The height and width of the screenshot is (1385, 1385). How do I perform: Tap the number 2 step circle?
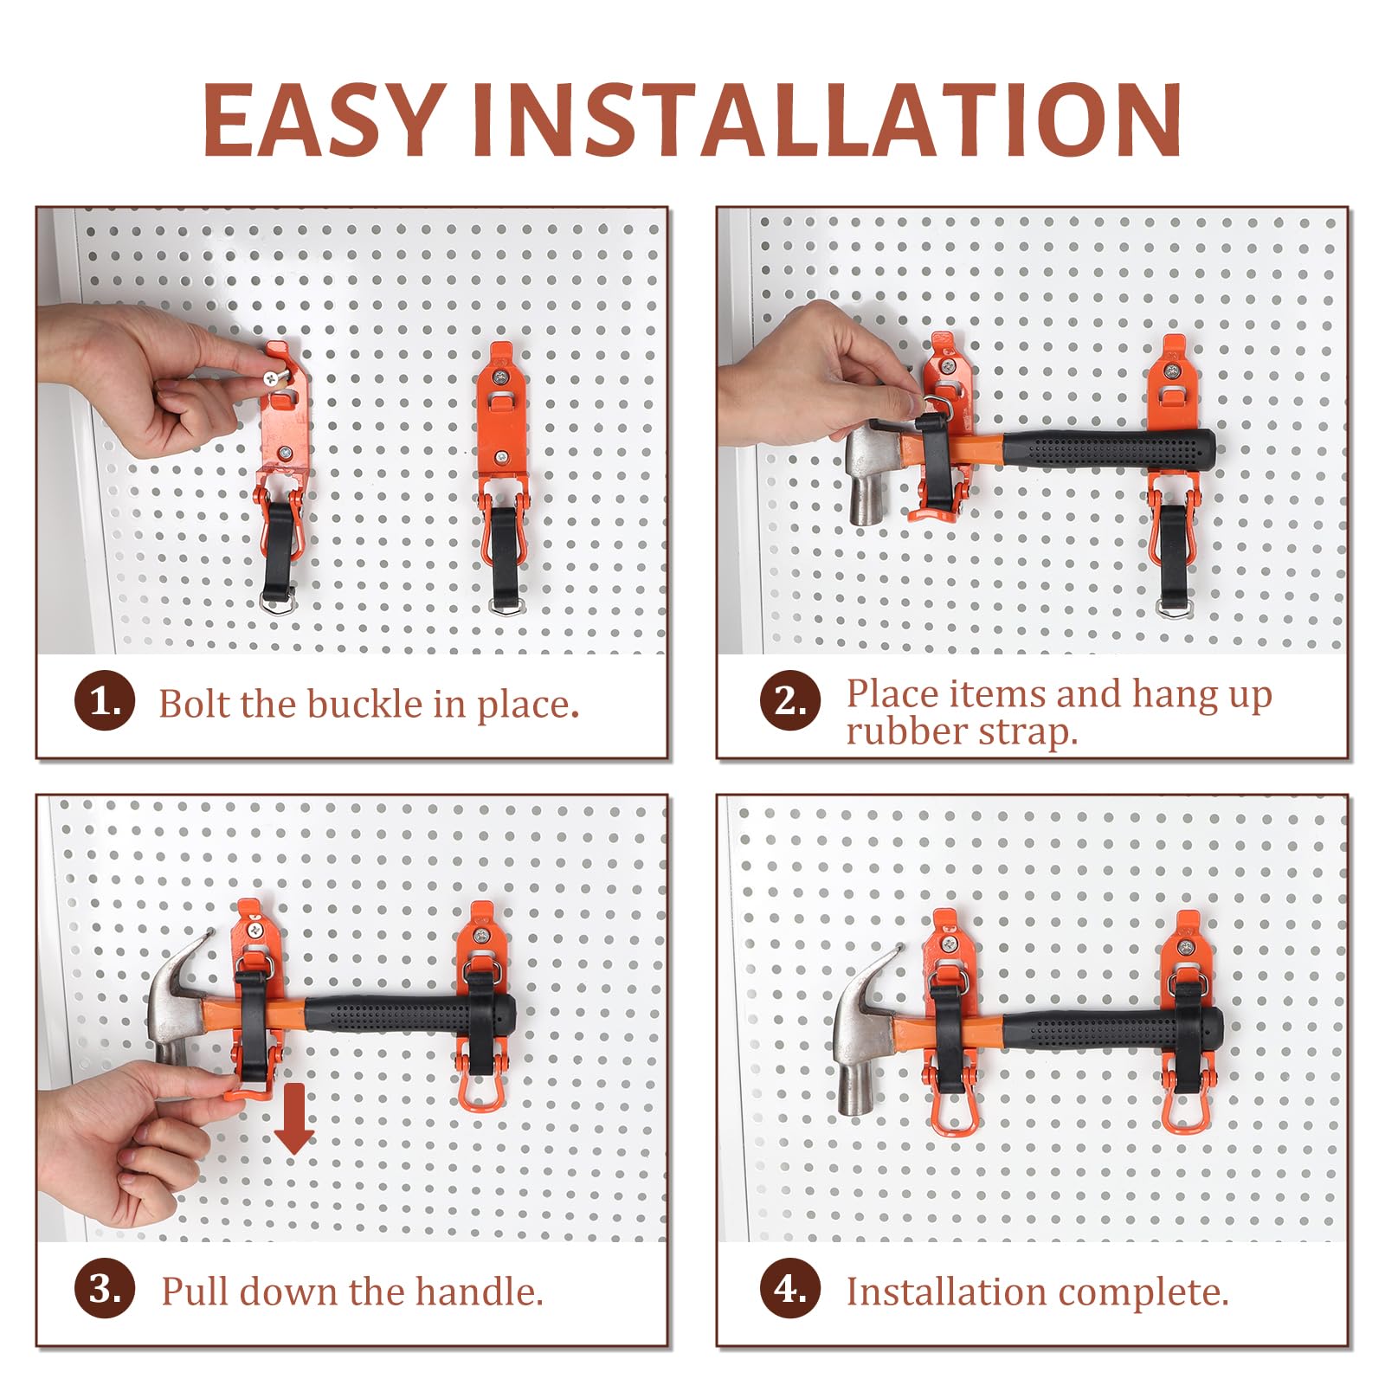pyautogui.click(x=790, y=700)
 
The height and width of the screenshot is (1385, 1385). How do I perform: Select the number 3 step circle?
pyautogui.click(x=105, y=1289)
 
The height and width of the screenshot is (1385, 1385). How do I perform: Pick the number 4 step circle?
pyautogui.click(x=790, y=1289)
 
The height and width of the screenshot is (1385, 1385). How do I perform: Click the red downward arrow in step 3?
pyautogui.click(x=294, y=1118)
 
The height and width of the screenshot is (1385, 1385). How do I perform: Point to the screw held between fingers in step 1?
pyautogui.click(x=274, y=378)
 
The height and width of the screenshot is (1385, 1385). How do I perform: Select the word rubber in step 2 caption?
pyautogui.click(x=906, y=732)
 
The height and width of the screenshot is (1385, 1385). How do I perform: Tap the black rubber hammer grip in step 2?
pyautogui.click(x=1109, y=450)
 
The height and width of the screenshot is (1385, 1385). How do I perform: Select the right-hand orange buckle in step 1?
pyautogui.click(x=502, y=476)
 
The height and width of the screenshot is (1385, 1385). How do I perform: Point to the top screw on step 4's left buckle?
pyautogui.click(x=950, y=944)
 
